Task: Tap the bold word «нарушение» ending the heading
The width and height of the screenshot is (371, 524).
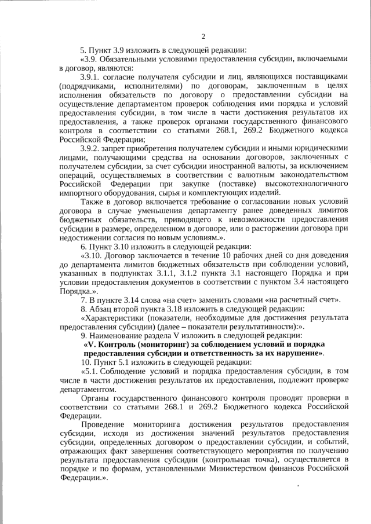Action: (299, 353)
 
